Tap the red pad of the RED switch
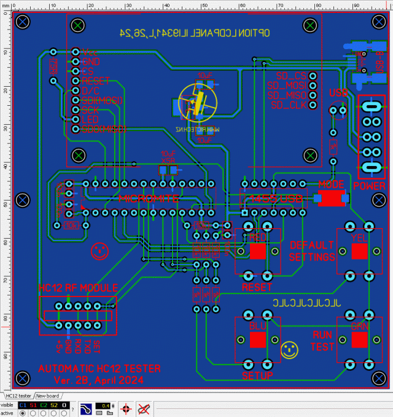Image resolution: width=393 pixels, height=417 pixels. pyautogui.click(x=259, y=251)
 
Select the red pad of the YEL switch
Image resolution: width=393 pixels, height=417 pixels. pyautogui.click(x=359, y=251)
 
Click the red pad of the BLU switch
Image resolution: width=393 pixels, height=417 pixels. pyautogui.click(x=259, y=339)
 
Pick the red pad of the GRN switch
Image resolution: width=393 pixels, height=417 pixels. pyautogui.click(x=359, y=339)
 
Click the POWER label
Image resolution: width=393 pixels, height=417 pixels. pyautogui.click(x=370, y=186)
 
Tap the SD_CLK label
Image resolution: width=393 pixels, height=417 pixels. pyautogui.click(x=288, y=105)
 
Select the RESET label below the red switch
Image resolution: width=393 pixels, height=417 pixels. pyautogui.click(x=257, y=287)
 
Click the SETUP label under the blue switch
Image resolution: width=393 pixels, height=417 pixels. pyautogui.click(x=257, y=375)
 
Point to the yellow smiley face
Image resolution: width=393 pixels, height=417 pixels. pyautogui.click(x=289, y=350)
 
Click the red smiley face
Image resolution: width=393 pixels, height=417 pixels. pyautogui.click(x=98, y=250)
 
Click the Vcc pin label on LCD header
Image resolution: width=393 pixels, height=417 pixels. pyautogui.click(x=90, y=52)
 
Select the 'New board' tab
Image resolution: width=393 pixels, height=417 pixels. pyautogui.click(x=47, y=395)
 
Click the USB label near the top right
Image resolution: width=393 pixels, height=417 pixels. pyautogui.click(x=338, y=93)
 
